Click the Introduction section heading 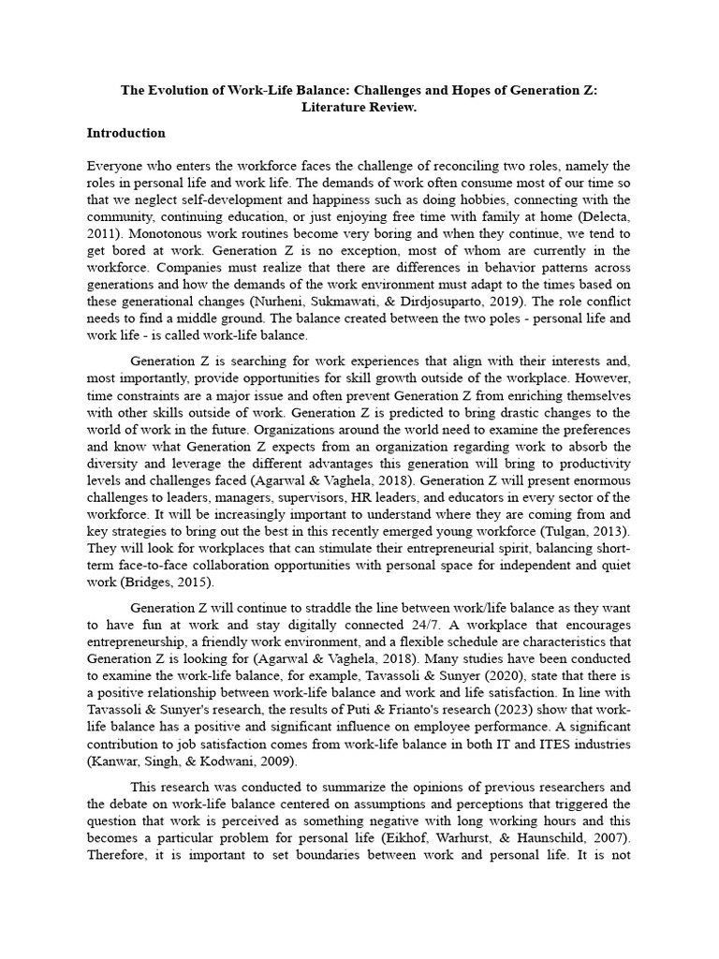click(x=125, y=133)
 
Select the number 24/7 click(x=417, y=625)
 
